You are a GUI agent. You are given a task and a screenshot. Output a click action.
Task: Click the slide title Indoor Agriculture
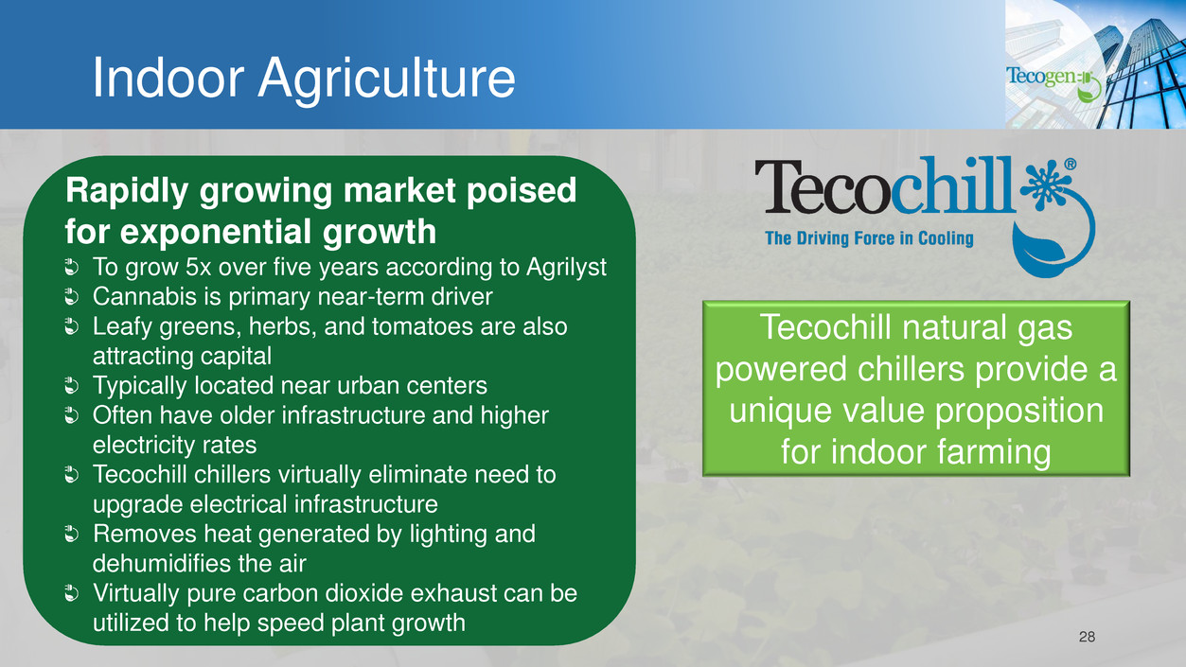coord(304,79)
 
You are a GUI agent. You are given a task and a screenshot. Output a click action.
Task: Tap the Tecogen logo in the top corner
coord(1053,83)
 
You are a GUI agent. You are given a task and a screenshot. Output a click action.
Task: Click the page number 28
coord(1087,637)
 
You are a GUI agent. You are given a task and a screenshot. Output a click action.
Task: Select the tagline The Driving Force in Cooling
coord(869,238)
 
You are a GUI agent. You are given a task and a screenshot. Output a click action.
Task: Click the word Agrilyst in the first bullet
coord(566,268)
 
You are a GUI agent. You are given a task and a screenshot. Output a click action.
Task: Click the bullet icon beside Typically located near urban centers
coord(71,386)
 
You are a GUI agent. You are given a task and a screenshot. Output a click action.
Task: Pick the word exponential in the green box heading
coord(217,232)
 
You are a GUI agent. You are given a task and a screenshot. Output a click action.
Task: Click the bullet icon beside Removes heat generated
coord(71,535)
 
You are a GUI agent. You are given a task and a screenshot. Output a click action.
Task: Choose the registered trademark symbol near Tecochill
coord(1070,165)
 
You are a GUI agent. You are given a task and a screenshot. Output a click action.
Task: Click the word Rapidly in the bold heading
coord(127,190)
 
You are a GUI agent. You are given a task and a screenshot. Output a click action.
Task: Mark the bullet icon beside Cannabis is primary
coord(71,297)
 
